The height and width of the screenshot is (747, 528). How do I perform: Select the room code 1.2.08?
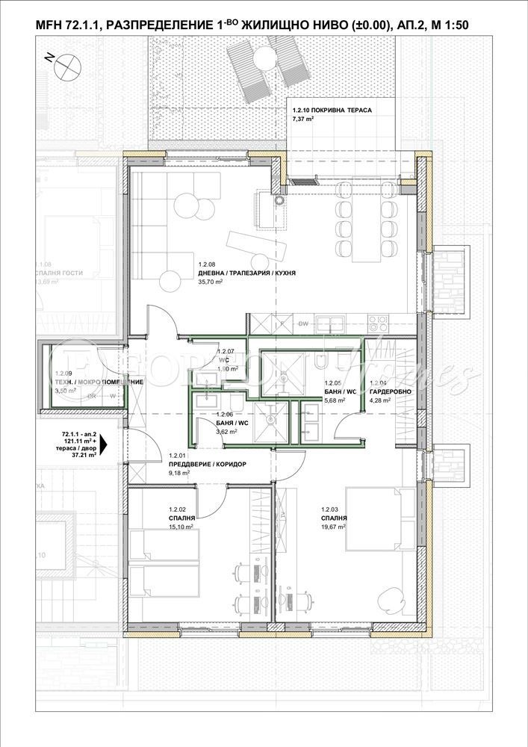pos(207,264)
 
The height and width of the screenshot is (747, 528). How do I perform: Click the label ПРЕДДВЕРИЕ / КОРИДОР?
pos(207,464)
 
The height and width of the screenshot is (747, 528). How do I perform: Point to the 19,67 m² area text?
pos(333,526)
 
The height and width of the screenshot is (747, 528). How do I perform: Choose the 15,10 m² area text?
pos(181,526)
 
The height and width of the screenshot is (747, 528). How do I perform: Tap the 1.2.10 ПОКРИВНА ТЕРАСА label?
pos(332,110)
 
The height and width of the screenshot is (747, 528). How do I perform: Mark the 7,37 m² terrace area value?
pos(303,118)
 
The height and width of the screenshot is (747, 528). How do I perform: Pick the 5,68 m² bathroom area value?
pos(335,400)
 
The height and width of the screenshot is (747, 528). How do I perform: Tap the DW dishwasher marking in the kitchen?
pos(303,323)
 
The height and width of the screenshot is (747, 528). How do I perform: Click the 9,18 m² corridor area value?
pos(180,473)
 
